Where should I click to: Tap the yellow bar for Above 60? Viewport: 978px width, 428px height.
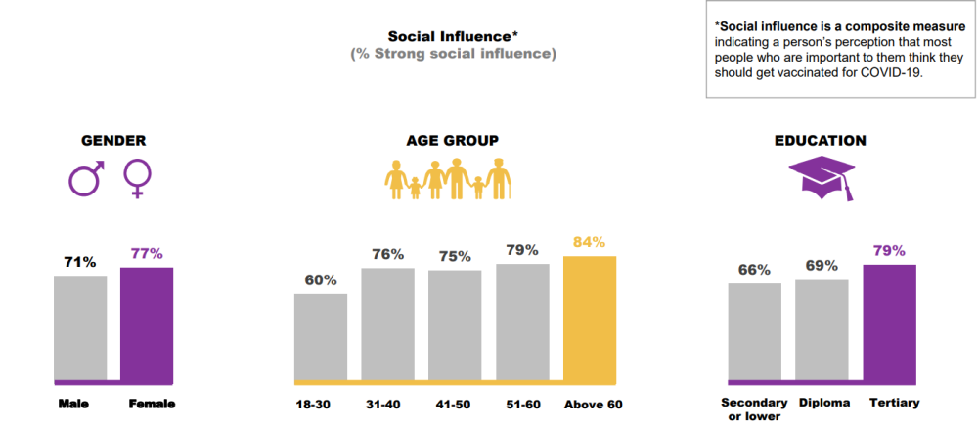pyautogui.click(x=590, y=319)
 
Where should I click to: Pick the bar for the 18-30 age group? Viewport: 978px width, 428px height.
pyautogui.click(x=321, y=337)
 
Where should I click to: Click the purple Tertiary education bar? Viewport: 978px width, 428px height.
pyautogui.click(x=890, y=322)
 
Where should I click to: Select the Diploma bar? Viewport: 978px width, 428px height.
pyautogui.click(x=822, y=330)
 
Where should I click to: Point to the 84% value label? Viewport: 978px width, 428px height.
pyautogui.click(x=590, y=242)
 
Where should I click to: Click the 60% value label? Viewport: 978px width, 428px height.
pyautogui.click(x=321, y=280)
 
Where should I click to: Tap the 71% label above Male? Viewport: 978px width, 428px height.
pyautogui.click(x=80, y=262)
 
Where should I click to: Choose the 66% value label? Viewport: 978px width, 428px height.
pyautogui.click(x=754, y=270)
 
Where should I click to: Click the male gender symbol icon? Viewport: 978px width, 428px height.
pyautogui.click(x=86, y=178)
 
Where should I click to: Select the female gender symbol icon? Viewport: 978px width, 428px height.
pyautogui.click(x=137, y=180)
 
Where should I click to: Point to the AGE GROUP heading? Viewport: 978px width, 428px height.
pyautogui.click(x=453, y=140)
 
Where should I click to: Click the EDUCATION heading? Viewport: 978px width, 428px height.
pyautogui.click(x=820, y=140)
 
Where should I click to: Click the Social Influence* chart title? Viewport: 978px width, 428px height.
pyautogui.click(x=453, y=36)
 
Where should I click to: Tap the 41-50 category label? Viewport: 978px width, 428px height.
pyautogui.click(x=455, y=404)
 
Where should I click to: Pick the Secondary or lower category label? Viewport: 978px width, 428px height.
pyautogui.click(x=754, y=408)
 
